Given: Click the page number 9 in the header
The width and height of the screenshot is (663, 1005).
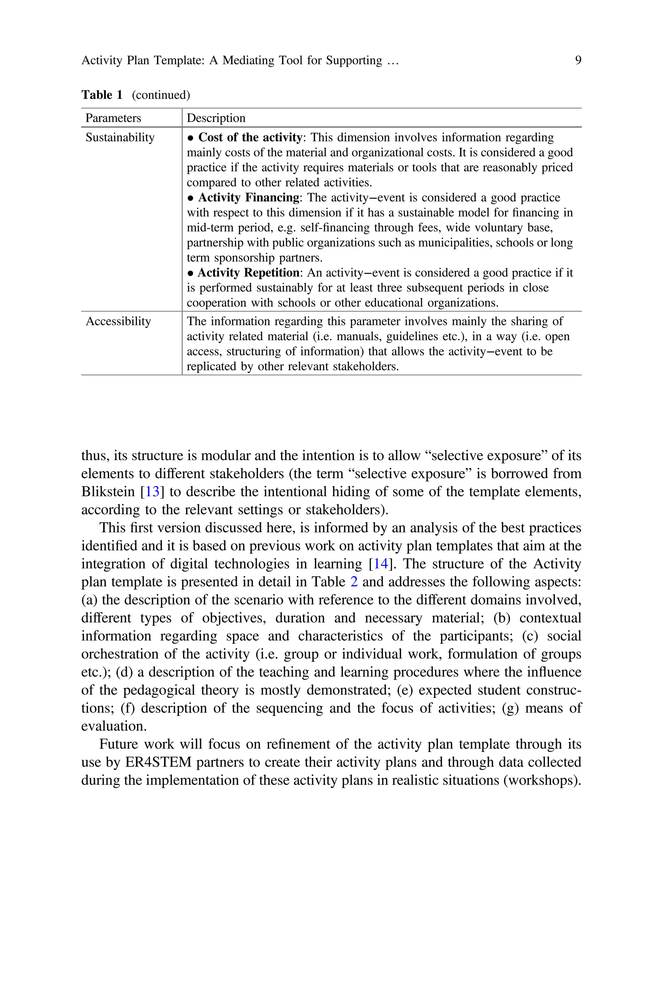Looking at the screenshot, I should tap(578, 61).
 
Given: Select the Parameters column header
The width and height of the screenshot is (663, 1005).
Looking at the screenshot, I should tap(113, 118).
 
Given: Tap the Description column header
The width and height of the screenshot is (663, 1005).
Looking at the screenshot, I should tap(216, 118).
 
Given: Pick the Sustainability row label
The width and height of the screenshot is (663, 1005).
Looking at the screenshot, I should tap(120, 137).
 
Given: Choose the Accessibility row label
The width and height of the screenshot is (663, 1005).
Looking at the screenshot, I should tap(118, 321).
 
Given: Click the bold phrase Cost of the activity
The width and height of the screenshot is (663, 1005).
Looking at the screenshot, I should tap(250, 137).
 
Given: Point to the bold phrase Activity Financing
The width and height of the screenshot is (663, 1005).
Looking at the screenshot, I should tap(249, 197).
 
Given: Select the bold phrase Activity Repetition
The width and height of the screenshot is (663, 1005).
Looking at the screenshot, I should tap(249, 273).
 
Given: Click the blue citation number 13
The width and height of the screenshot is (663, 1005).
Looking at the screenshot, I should tap(152, 492).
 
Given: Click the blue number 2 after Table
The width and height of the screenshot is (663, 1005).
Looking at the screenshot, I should tap(354, 582).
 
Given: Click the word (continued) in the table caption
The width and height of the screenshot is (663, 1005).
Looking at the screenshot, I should tap(161, 95).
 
